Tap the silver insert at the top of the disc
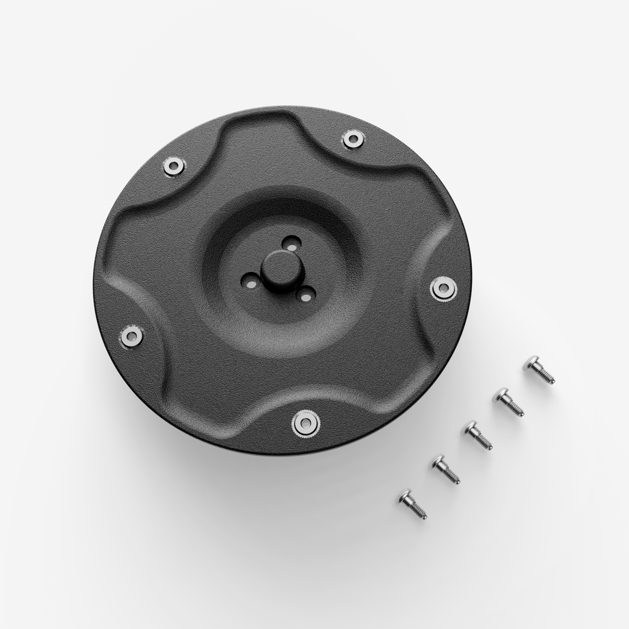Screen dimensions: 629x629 (x=351, y=138)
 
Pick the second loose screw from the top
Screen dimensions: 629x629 (x=508, y=402)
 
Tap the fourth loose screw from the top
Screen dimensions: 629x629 (x=446, y=469)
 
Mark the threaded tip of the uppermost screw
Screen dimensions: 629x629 (x=549, y=379)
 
